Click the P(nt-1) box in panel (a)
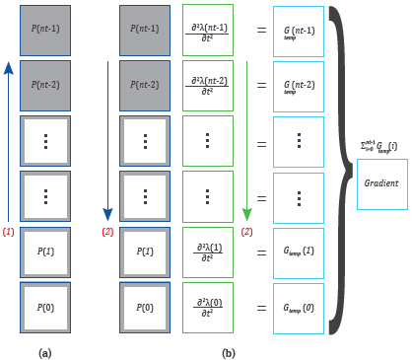click(x=44, y=31)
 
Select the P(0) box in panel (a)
click(x=44, y=307)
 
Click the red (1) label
click(x=9, y=232)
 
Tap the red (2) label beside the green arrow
click(x=247, y=232)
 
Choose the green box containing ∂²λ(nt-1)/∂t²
click(x=208, y=31)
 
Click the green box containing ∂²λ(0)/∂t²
click(x=208, y=307)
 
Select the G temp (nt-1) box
click(x=299, y=31)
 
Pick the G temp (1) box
click(x=299, y=252)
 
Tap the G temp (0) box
click(x=299, y=307)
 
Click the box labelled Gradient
click(x=381, y=183)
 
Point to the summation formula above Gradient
click(x=380, y=148)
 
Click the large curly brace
click(x=340, y=168)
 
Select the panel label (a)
click(x=44, y=351)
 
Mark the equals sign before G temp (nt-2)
click(x=261, y=86)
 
